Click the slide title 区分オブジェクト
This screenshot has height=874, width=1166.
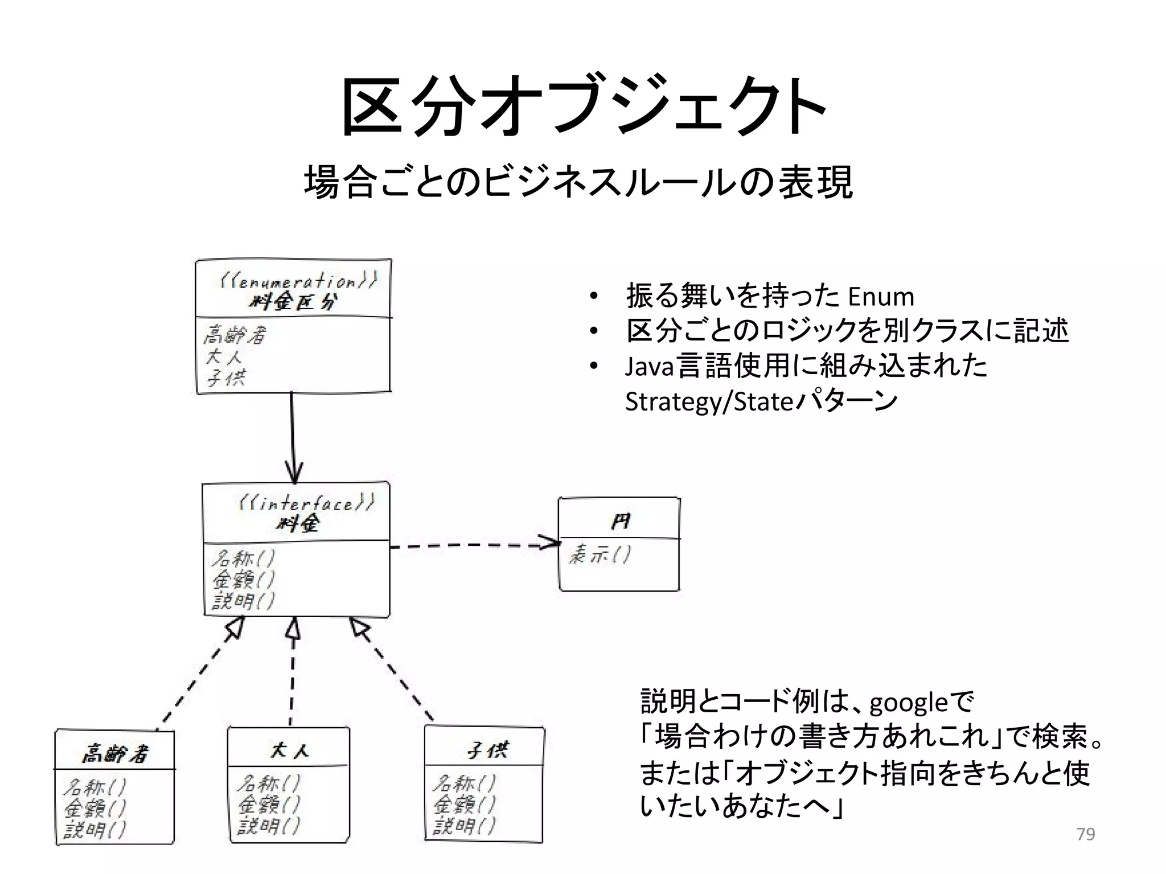point(583,107)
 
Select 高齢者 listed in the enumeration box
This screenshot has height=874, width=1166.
point(235,335)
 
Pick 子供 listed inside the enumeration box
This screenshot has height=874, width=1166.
point(226,377)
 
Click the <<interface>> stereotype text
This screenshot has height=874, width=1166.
point(306,503)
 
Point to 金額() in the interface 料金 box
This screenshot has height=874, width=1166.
point(244,580)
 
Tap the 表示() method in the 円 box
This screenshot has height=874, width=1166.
point(599,554)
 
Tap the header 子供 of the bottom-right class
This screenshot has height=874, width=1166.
point(487,750)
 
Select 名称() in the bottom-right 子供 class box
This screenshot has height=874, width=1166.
point(464,783)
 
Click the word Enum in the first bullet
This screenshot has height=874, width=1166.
point(880,297)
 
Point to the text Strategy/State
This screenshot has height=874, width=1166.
point(709,401)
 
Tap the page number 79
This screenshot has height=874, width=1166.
point(1086,834)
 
